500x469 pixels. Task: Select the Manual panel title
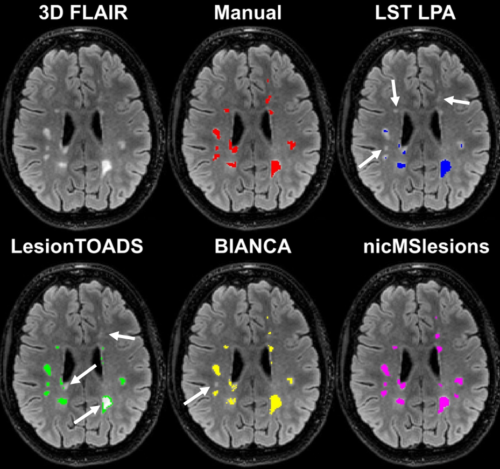tap(248, 13)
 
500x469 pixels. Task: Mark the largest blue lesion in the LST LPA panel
tap(445, 168)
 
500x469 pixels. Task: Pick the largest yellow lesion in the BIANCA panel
tap(277, 402)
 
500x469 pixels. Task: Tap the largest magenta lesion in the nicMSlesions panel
tap(443, 403)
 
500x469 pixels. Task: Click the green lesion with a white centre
tap(107, 402)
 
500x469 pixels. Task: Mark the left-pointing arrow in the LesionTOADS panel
tap(122, 336)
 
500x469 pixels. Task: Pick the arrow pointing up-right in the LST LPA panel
tap(372, 158)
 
